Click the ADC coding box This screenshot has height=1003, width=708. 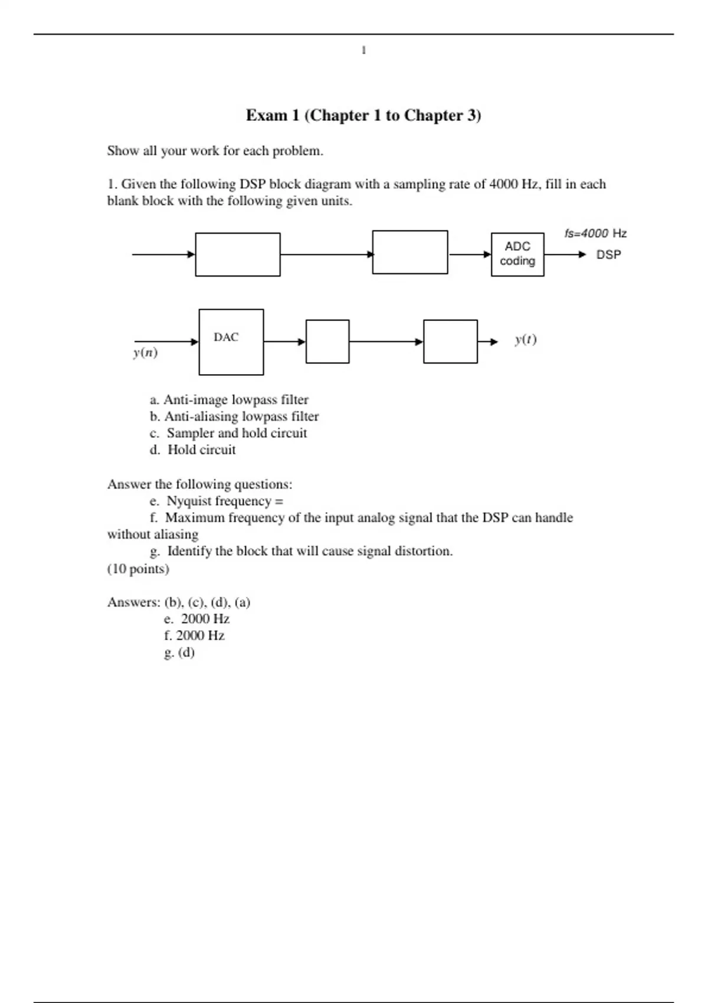pos(517,254)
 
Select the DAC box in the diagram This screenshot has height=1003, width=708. pos(231,342)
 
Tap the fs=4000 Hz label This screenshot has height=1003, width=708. pos(595,233)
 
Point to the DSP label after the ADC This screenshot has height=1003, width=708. pos(608,255)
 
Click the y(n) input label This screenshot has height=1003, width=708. pos(145,353)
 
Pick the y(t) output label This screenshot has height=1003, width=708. pos(525,340)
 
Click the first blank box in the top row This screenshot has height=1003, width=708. pos(238,254)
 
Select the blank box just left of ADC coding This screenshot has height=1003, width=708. pos(410,253)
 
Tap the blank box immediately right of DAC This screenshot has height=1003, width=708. pos(327,342)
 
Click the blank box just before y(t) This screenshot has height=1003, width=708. pos(450,342)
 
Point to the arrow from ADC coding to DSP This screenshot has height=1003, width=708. pos(565,255)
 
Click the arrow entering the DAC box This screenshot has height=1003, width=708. pos(166,342)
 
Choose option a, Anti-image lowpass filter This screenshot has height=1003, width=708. pos(230,400)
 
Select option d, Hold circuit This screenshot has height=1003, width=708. pos(193,450)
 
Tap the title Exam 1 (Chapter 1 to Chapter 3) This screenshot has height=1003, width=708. pos(363,115)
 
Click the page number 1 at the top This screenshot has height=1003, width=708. pos(363,51)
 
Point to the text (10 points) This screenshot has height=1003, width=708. pos(138,569)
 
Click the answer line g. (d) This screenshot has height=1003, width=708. pos(179,653)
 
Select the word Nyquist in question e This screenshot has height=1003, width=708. pos(189,501)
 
